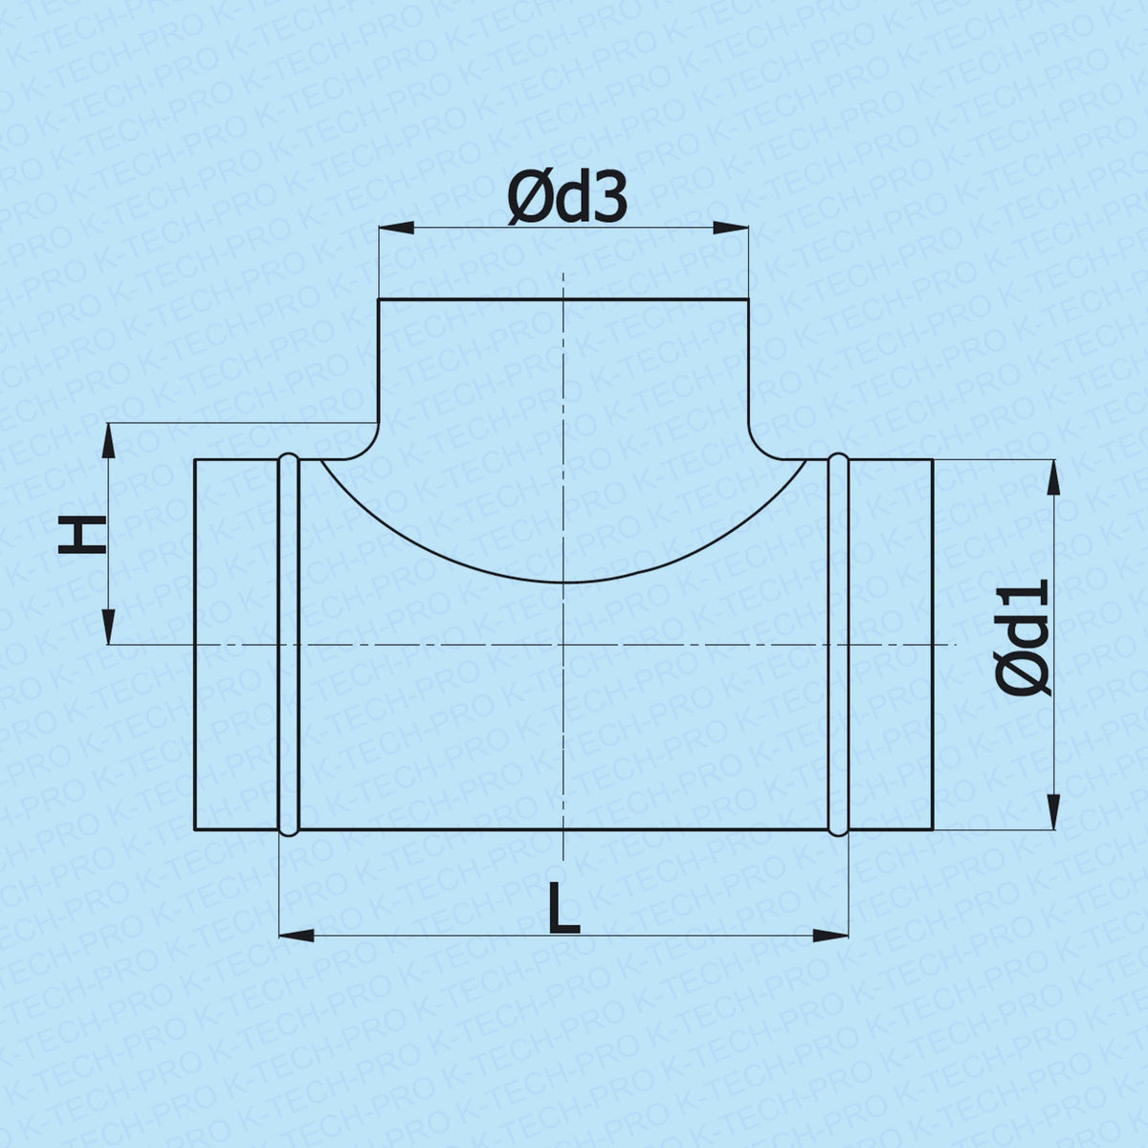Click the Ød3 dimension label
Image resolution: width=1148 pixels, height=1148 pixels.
click(x=566, y=200)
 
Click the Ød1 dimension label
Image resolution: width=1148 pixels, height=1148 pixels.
click(x=1023, y=637)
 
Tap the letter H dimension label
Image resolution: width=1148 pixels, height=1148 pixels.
click(x=81, y=535)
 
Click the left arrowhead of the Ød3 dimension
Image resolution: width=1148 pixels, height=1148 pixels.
click(x=396, y=228)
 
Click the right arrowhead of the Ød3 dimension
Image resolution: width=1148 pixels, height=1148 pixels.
click(x=731, y=228)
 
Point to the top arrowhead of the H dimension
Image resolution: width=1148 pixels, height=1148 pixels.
click(x=108, y=441)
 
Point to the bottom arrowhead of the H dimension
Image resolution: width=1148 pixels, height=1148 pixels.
click(x=108, y=627)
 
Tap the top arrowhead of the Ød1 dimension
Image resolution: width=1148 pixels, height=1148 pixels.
click(x=1053, y=477)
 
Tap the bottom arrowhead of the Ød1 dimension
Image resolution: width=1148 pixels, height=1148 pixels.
click(x=1053, y=811)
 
